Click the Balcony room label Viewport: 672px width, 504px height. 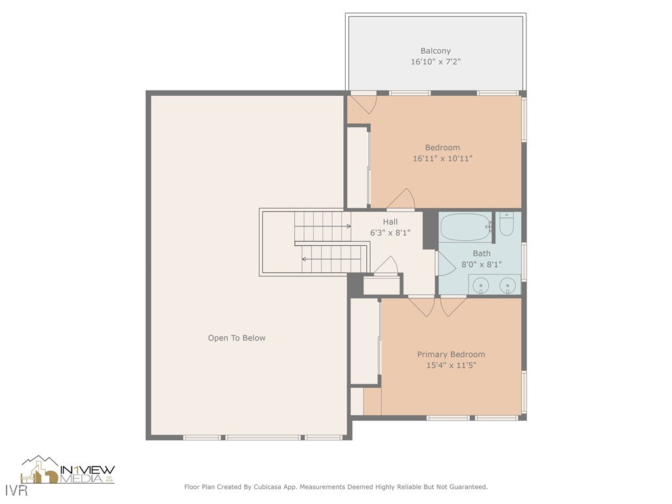[x=435, y=51]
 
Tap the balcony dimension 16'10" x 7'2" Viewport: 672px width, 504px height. [x=435, y=62]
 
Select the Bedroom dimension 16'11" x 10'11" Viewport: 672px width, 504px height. [x=442, y=158]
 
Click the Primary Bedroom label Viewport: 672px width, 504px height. [x=451, y=354]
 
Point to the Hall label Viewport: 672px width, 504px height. [x=390, y=222]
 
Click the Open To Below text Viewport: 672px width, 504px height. [x=236, y=338]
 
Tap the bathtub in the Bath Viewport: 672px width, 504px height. [x=465, y=227]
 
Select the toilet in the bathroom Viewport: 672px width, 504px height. [x=507, y=224]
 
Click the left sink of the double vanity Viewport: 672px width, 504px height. [x=482, y=285]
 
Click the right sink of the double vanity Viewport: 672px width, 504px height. [x=508, y=285]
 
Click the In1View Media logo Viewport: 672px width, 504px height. [x=68, y=471]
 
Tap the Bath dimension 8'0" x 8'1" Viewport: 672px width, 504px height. [x=481, y=264]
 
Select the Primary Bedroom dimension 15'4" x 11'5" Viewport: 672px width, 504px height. [x=451, y=366]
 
